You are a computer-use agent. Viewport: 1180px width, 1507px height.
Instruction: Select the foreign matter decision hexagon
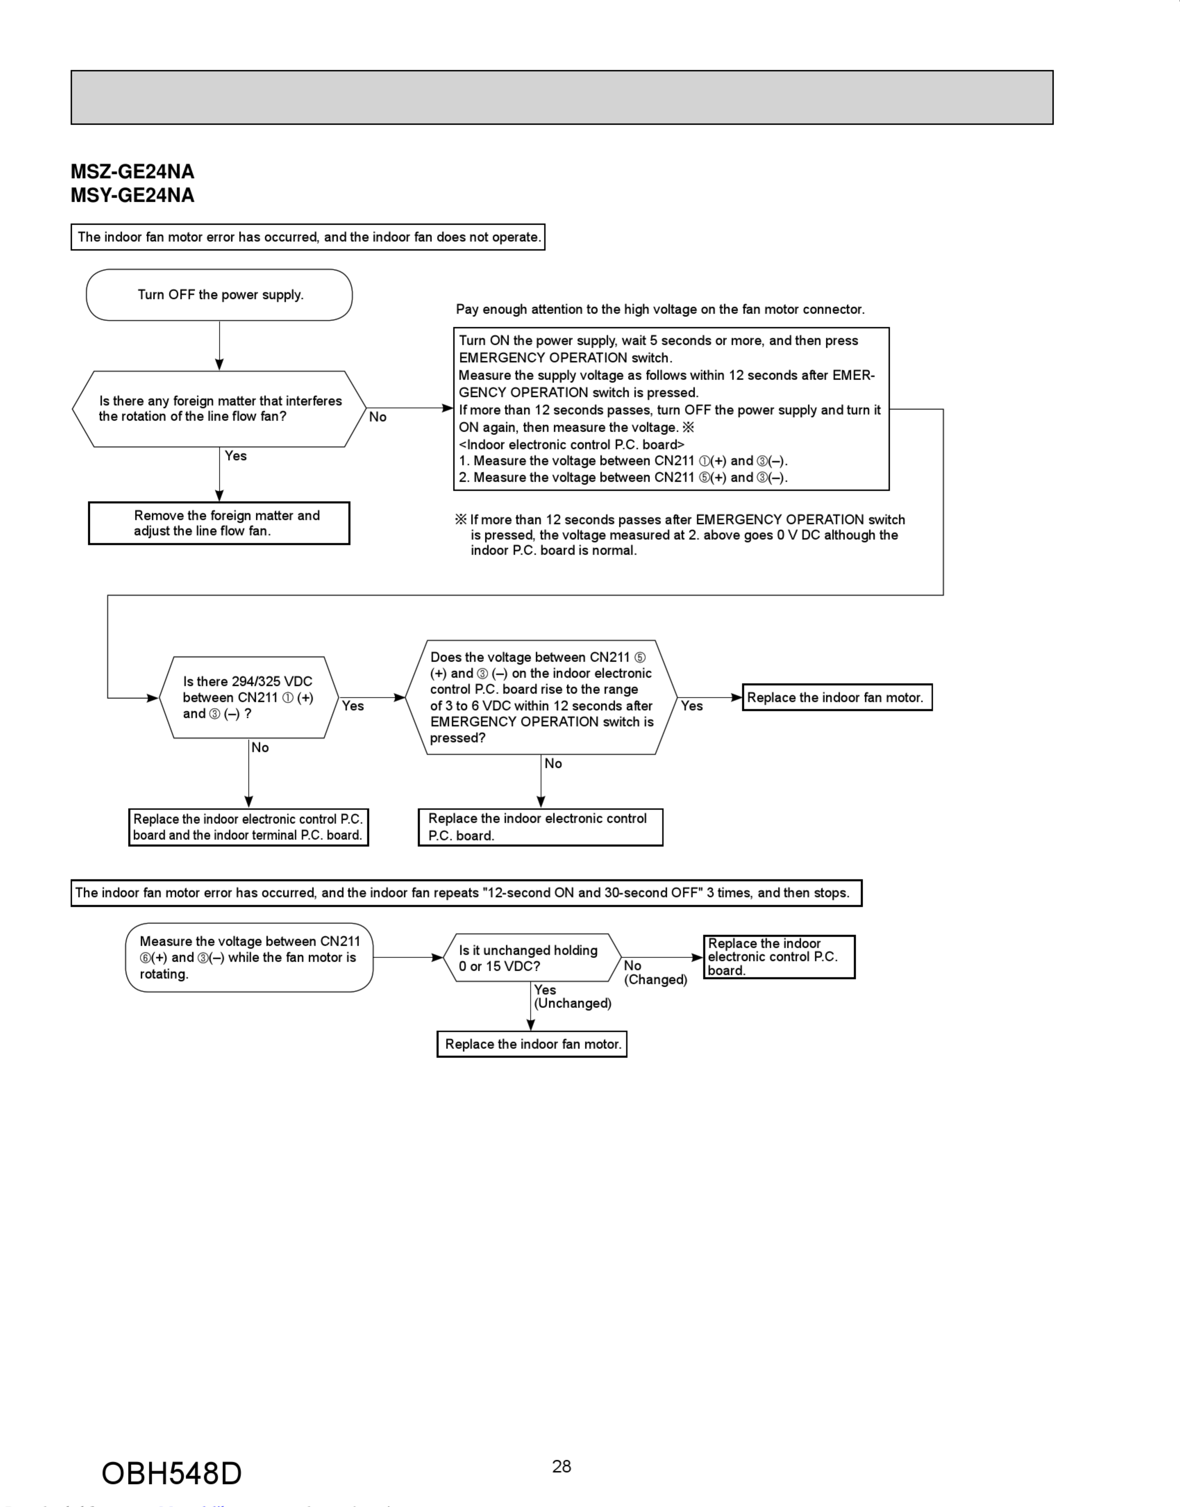(x=219, y=409)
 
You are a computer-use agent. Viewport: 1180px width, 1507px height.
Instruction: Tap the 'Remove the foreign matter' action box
(x=219, y=523)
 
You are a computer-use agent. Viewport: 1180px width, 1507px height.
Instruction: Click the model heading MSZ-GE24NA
(x=133, y=172)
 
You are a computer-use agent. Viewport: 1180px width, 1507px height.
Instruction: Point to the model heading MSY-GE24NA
(x=133, y=195)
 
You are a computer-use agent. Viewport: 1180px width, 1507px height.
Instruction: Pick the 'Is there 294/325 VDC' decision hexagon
(x=249, y=698)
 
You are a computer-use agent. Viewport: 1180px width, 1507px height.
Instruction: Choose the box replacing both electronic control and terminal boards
(x=248, y=827)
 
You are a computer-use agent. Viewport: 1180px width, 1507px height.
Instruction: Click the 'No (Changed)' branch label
(x=655, y=973)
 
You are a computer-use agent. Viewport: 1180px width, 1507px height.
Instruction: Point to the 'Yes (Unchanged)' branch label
(x=572, y=997)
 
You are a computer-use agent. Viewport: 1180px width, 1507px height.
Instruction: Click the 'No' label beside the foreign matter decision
(x=378, y=417)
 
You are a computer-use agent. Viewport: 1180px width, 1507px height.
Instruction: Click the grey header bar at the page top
(x=562, y=98)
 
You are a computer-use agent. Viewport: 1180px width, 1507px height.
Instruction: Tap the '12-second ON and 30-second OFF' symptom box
(x=466, y=892)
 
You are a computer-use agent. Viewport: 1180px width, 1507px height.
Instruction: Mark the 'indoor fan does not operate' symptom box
(x=308, y=237)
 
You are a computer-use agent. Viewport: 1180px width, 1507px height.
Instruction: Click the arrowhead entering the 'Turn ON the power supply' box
(x=448, y=409)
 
